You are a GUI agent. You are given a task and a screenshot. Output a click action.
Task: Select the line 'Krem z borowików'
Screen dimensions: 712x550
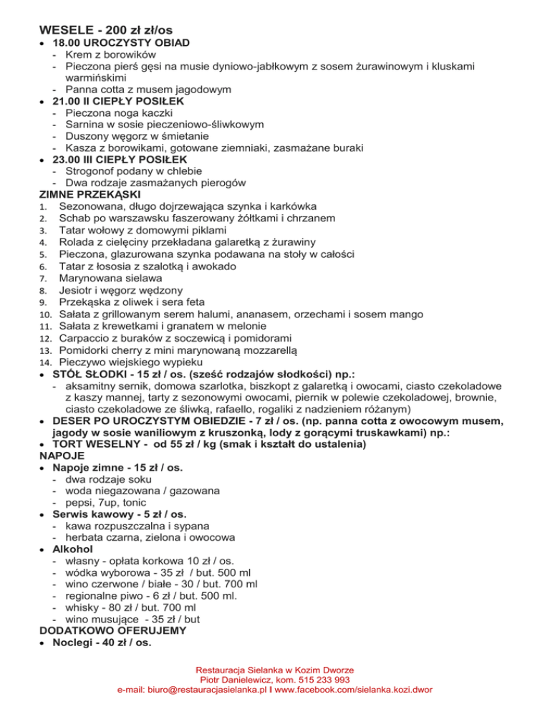coord(107,55)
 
